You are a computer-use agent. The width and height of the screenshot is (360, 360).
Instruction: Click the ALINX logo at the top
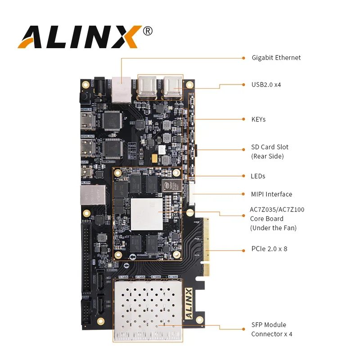[79, 36]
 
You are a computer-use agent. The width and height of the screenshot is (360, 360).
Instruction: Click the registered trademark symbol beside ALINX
[148, 31]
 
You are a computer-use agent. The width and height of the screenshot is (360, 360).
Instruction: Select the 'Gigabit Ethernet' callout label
[276, 58]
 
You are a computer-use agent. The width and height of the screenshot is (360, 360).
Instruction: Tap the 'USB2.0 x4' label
[266, 84]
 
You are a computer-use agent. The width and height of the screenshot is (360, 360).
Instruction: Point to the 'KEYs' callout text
[258, 119]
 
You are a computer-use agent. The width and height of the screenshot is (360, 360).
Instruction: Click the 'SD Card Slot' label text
[270, 147]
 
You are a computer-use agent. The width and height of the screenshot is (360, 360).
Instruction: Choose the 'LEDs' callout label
[258, 176]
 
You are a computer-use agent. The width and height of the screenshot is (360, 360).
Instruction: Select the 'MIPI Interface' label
[271, 194]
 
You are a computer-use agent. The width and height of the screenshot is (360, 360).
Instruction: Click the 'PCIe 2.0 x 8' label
[269, 248]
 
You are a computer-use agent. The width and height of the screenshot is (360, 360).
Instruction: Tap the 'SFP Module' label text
[269, 325]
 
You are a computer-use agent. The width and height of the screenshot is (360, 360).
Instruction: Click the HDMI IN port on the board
[88, 120]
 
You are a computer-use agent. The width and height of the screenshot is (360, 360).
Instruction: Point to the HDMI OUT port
[88, 148]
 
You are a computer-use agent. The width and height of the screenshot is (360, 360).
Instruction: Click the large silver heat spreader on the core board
[146, 214]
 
